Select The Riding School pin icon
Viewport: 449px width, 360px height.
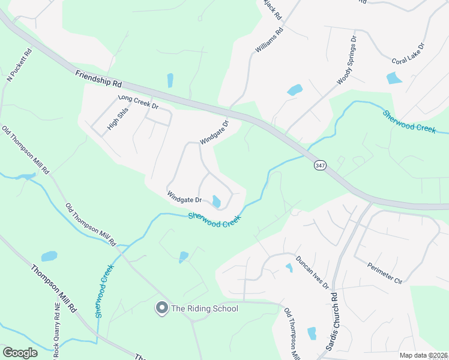[x=161, y=308]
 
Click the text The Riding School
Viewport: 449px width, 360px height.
[x=205, y=309]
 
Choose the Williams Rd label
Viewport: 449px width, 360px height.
[x=268, y=41]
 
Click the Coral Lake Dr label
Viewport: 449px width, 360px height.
[x=408, y=53]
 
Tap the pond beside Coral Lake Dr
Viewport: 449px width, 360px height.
[x=394, y=77]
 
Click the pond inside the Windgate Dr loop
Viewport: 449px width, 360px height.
[x=216, y=202]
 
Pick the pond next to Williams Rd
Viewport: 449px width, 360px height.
[x=295, y=90]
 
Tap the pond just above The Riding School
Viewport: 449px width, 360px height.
[x=183, y=257]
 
